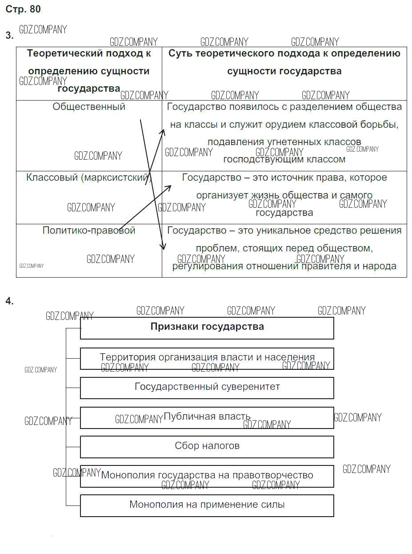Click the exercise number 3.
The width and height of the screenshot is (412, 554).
[9, 36]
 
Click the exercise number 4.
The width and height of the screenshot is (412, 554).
[9, 301]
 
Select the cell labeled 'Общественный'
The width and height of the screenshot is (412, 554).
[89, 107]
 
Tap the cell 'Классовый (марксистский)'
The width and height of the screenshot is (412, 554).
[88, 178]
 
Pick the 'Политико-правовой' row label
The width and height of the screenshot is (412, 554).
[89, 230]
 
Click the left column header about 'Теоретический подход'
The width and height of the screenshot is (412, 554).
[89, 71]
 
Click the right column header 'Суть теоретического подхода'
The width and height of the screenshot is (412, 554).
[284, 62]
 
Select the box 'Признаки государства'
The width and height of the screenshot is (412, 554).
[207, 327]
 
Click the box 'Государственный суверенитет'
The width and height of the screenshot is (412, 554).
[207, 387]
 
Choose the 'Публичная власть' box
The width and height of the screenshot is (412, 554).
[207, 417]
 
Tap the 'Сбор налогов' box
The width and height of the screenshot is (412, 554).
[207, 446]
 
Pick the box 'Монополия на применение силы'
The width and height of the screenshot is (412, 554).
[207, 505]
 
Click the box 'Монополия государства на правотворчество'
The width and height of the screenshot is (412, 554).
[207, 475]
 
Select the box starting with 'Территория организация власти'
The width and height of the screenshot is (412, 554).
[207, 357]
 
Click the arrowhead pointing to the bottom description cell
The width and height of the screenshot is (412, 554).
[164, 247]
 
